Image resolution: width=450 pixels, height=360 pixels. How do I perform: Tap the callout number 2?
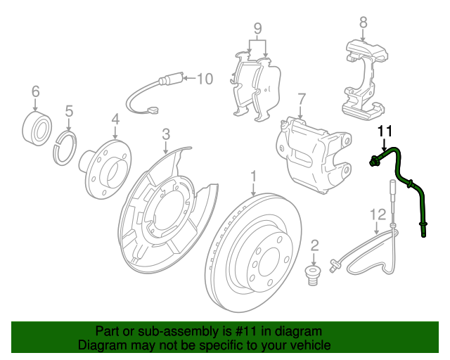(314, 245)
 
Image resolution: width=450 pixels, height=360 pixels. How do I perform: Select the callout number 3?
(166, 134)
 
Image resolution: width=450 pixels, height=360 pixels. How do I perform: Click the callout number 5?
(69, 110)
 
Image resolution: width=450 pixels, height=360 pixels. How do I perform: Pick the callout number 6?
(35, 91)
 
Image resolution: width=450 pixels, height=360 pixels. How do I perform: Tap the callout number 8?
(363, 22)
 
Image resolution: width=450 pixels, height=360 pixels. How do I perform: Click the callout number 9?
(258, 29)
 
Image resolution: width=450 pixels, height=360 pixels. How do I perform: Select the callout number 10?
(204, 79)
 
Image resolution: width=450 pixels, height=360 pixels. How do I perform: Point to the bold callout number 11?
(384, 131)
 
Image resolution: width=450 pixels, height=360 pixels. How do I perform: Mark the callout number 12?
(378, 214)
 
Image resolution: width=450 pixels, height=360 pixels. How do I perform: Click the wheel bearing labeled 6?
(38, 127)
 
